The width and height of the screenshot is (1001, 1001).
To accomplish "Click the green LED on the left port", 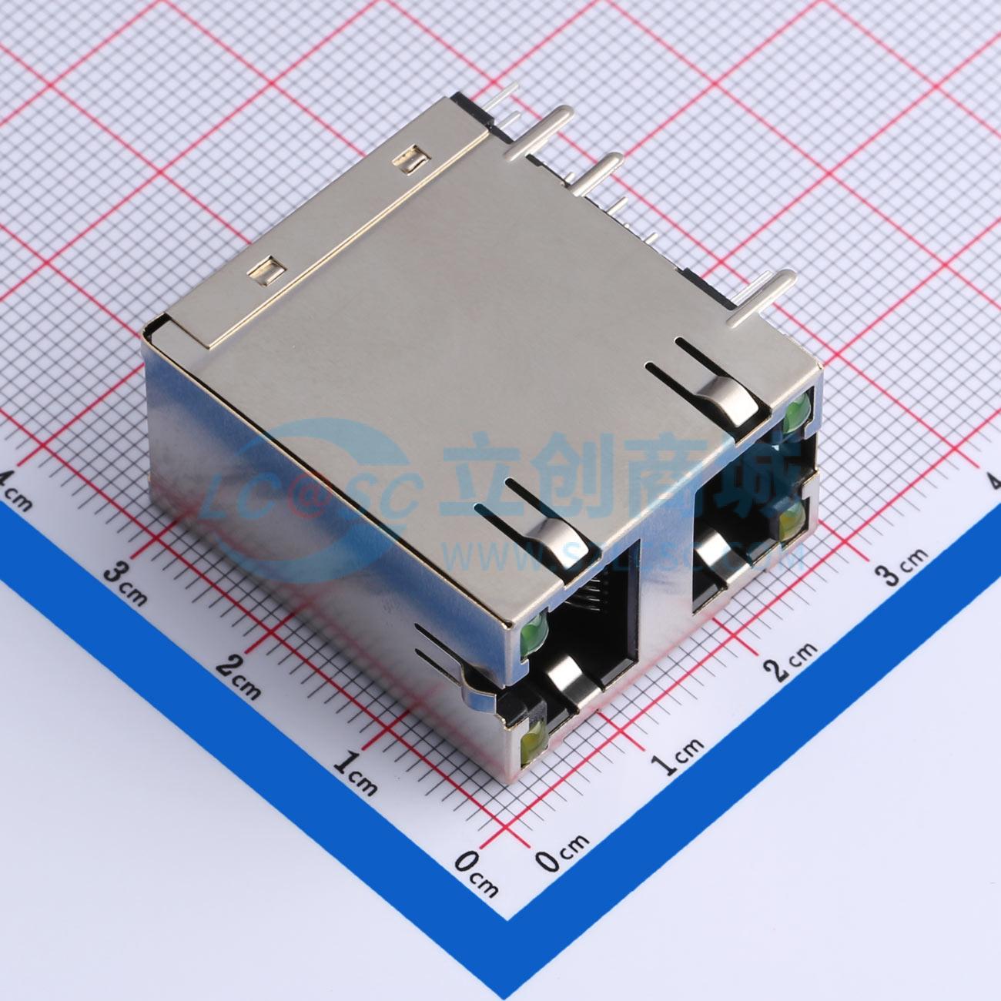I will [533, 634].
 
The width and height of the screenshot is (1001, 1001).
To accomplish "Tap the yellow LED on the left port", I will [531, 743].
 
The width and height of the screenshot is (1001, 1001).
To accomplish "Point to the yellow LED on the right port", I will [790, 523].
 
